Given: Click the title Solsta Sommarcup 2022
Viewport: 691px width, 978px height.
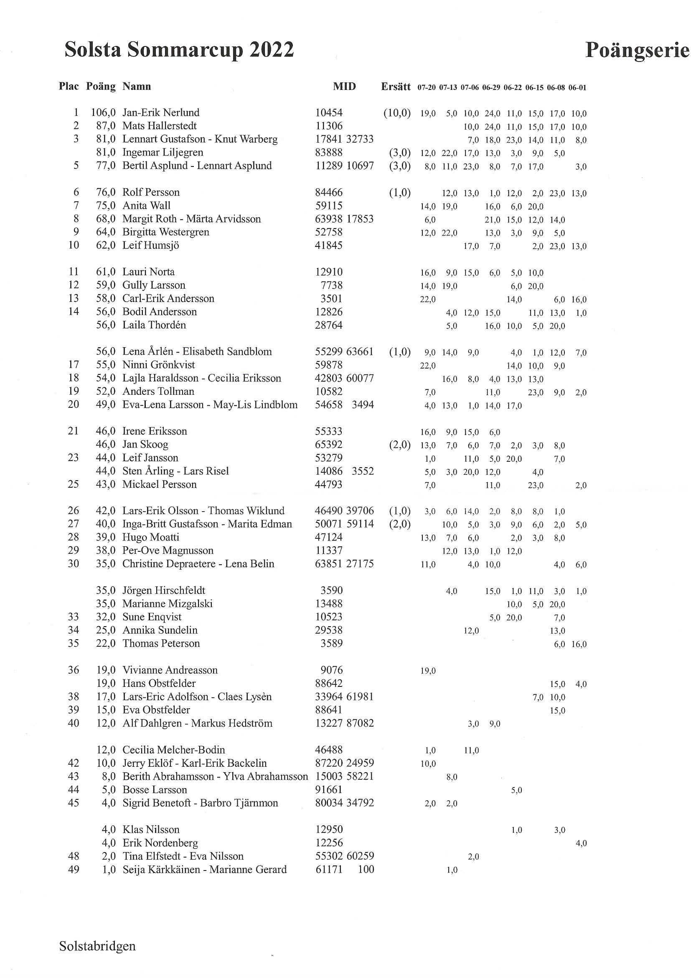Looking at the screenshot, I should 179,50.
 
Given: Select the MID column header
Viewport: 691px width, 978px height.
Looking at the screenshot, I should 344,87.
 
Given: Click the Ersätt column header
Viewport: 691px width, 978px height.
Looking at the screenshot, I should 396,87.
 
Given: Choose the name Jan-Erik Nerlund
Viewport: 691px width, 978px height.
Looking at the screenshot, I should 161,113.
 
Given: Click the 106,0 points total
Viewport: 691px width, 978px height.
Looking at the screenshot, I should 103,113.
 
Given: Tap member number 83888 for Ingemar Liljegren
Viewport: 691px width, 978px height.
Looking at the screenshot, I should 328,153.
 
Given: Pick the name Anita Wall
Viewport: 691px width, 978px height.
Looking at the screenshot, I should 146,206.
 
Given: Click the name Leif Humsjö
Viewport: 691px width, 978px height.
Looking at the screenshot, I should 151,246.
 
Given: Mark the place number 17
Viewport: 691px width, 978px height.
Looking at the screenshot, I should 73,365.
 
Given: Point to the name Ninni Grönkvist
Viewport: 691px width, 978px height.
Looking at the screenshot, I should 159,365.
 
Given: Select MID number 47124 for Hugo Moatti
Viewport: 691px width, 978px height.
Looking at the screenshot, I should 328,538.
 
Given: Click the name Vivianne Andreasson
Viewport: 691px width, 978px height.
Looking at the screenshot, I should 170,670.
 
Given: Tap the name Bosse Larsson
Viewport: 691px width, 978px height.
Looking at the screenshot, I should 155,790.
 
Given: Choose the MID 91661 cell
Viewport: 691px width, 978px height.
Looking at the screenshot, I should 328,790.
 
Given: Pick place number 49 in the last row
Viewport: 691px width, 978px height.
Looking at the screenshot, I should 73,869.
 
